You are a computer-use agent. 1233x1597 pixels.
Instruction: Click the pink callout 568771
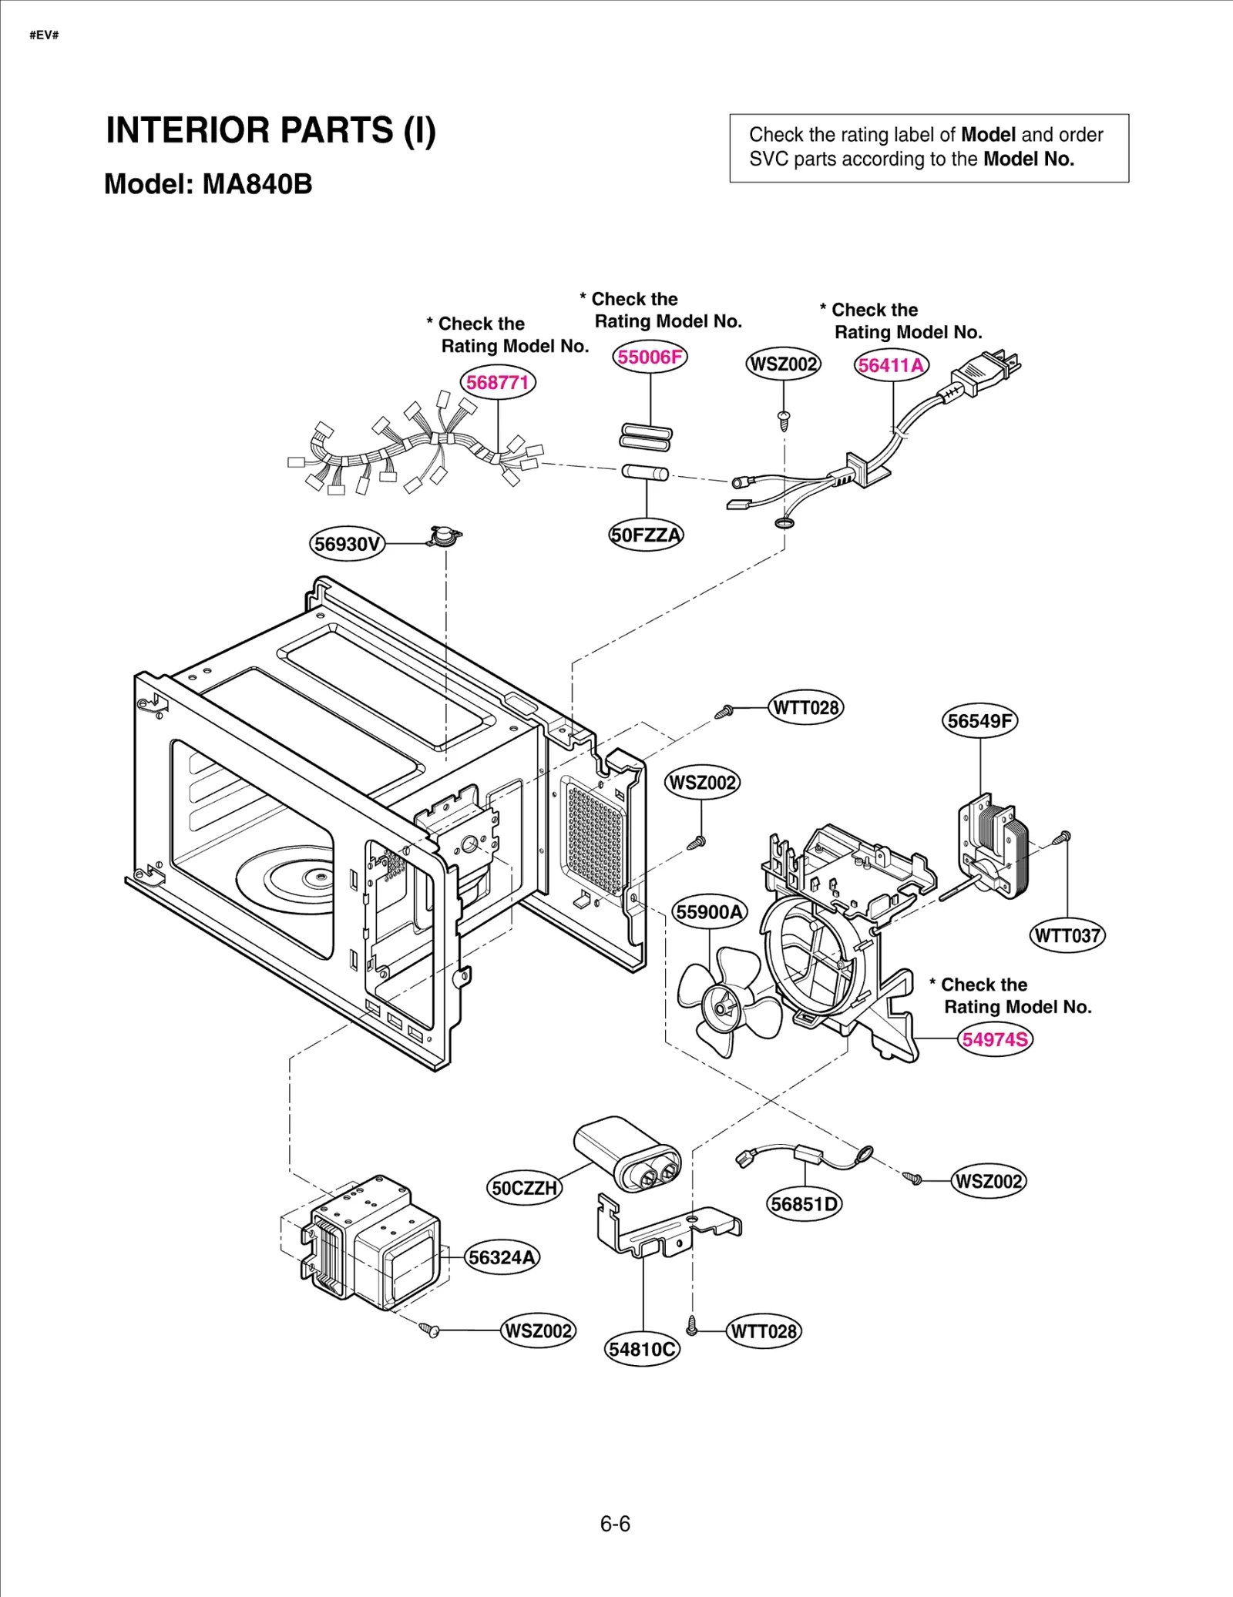(498, 382)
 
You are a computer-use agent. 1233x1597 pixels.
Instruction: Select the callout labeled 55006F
(650, 357)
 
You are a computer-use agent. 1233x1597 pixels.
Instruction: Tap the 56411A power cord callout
(891, 365)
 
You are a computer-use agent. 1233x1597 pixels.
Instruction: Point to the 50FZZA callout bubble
(646, 535)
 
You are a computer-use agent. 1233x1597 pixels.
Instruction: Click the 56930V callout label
(348, 544)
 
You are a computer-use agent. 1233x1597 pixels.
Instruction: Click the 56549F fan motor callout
(979, 721)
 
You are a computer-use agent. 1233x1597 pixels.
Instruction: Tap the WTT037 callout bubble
(1067, 935)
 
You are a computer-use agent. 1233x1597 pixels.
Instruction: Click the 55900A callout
(709, 912)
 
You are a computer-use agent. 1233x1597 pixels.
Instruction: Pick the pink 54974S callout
(995, 1039)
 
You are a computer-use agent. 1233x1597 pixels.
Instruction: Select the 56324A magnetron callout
(502, 1257)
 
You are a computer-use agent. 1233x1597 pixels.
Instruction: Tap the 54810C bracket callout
(642, 1349)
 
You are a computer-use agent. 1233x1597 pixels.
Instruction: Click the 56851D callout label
(805, 1204)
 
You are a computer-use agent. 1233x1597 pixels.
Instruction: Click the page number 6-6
(615, 1523)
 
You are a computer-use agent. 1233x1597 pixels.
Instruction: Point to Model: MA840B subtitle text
(208, 184)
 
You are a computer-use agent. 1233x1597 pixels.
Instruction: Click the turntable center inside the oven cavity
(316, 877)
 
